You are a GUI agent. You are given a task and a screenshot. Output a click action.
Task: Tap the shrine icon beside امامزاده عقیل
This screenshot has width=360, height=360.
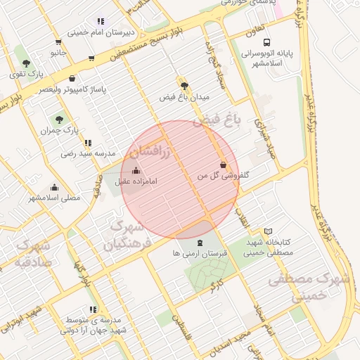(x=136, y=170)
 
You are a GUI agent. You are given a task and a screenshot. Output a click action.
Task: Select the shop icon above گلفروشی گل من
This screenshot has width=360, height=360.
(x=224, y=165)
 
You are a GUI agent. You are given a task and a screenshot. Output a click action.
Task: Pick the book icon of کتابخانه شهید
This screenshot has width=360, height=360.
(x=268, y=231)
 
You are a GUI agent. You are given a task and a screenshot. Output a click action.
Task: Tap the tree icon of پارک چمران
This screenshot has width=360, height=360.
(x=58, y=120)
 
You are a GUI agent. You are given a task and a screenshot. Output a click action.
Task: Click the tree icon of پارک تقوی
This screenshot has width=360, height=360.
(x=26, y=64)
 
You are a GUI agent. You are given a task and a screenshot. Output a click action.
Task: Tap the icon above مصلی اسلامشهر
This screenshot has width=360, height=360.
(x=54, y=187)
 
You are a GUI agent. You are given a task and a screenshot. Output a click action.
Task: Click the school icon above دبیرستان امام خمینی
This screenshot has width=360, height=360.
(x=101, y=21)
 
